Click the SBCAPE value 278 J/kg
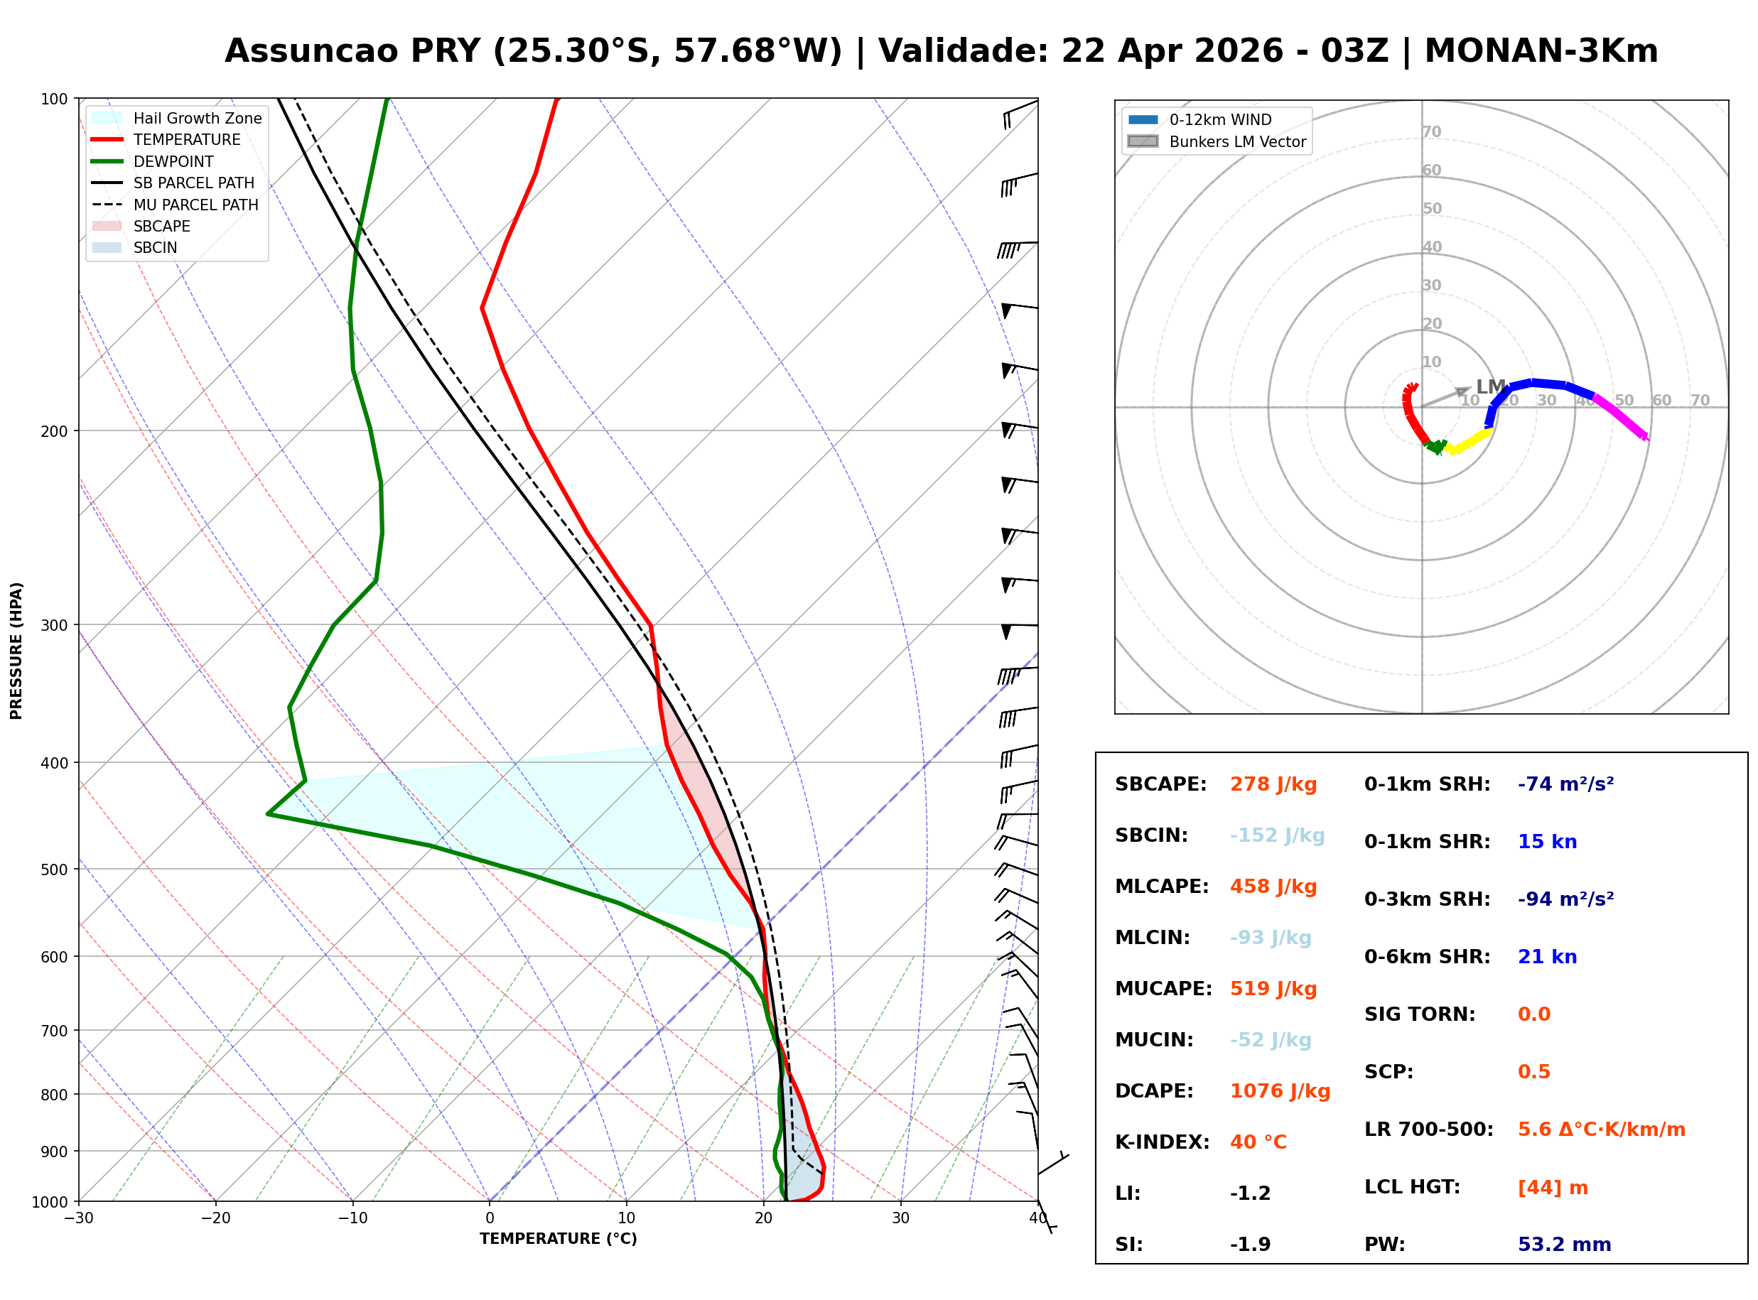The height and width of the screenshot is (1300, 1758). coord(1273,784)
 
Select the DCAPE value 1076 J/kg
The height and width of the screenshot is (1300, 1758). coord(1280,1091)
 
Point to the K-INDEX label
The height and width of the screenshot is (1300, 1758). coord(1162,1142)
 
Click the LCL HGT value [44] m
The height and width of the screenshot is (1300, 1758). coord(1552,1188)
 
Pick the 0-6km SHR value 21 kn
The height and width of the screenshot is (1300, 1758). coord(1546,957)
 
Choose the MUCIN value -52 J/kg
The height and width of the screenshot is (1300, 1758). coord(1270,1040)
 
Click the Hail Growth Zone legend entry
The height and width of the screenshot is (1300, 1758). coord(197,118)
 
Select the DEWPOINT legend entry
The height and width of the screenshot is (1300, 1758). coord(173,161)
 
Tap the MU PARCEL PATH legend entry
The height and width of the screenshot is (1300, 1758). coord(195,205)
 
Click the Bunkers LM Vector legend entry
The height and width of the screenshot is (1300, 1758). coord(1236,141)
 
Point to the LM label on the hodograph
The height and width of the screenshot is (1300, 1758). coord(1489,386)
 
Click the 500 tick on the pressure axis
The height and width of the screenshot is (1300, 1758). coord(53,870)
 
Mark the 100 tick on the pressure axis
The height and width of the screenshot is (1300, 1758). coord(53,99)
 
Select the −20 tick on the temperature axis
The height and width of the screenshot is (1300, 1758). coord(215,1219)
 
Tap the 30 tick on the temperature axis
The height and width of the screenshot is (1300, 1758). coord(900,1219)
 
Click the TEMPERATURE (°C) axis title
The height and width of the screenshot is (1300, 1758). coord(558,1240)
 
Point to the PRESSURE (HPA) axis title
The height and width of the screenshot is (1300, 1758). coord(16,651)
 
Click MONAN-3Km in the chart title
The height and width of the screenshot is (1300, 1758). coord(1540,51)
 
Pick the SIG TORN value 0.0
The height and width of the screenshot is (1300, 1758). coord(1533,1014)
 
